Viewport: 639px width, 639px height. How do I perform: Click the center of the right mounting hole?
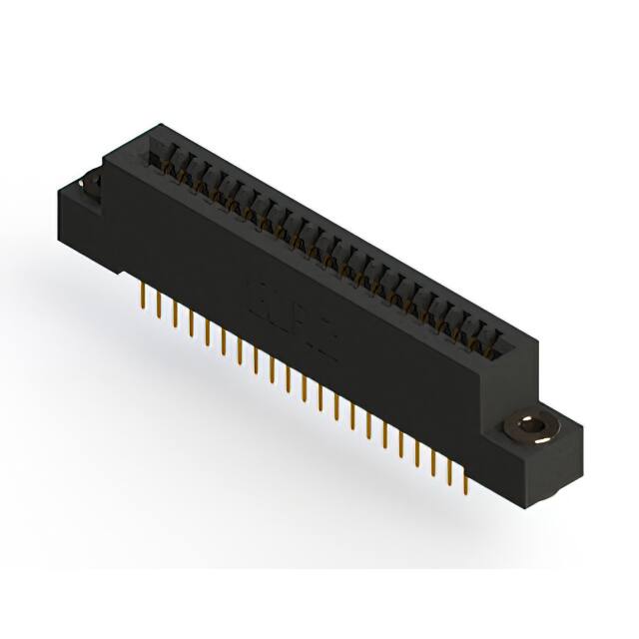click(532, 429)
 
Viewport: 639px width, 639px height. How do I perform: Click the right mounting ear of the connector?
click(544, 439)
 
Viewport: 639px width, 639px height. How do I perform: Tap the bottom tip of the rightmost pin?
click(464, 490)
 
